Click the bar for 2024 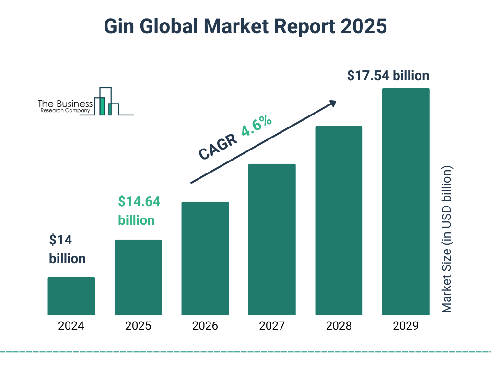click(71, 296)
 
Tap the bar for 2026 click(205, 258)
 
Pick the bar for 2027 click(272, 240)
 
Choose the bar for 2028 click(339, 220)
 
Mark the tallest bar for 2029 click(406, 202)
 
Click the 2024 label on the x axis click(71, 326)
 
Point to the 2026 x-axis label click(205, 326)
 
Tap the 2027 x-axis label click(272, 326)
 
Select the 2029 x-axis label click(406, 326)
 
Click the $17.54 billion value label click(388, 76)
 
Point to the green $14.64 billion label click(139, 211)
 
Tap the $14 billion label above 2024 click(67, 249)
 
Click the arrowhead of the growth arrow click(332, 103)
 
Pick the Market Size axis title click(447, 239)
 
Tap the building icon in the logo click(106, 102)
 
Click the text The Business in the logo click(65, 103)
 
